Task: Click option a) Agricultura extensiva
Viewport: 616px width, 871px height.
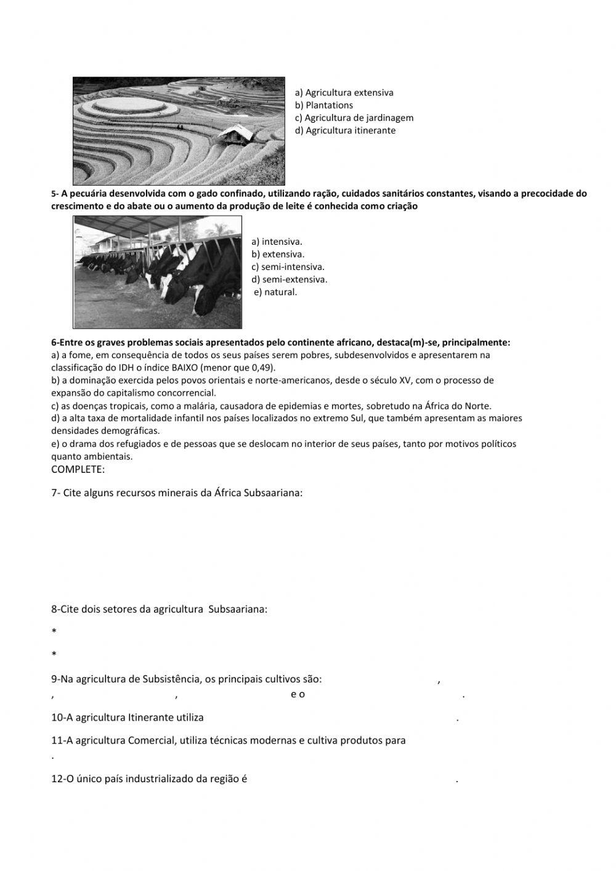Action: click(344, 92)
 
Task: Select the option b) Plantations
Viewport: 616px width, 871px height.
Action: click(324, 105)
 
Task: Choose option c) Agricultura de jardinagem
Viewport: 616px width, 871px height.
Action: click(354, 118)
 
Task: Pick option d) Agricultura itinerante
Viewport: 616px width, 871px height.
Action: click(345, 131)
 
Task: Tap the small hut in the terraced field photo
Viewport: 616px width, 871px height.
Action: click(236, 134)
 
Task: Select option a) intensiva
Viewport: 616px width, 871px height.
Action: click(277, 242)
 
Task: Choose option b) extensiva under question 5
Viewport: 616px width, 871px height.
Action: click(278, 254)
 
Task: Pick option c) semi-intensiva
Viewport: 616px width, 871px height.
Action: click(288, 267)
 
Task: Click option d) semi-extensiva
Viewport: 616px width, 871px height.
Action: click(289, 279)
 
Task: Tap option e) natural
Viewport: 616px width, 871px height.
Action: click(275, 292)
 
